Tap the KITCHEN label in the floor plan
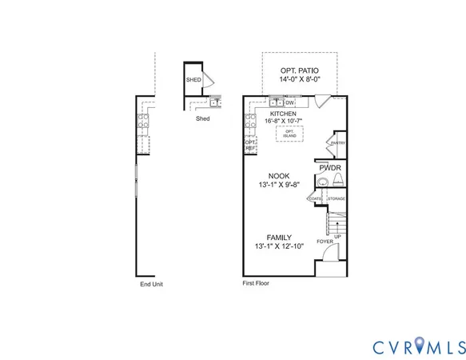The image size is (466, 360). pos(283,114)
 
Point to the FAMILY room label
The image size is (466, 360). pos(279,238)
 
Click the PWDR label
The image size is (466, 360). pos(331,169)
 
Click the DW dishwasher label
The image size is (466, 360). pos(290,102)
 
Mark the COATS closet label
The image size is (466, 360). pos(316,198)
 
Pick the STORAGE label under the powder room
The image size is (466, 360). pos(336,198)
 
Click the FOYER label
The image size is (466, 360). pos(324,240)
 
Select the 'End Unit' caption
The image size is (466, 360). pos(151,283)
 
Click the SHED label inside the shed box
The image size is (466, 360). pos(193,80)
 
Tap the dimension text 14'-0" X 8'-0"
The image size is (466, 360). pos(300,80)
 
